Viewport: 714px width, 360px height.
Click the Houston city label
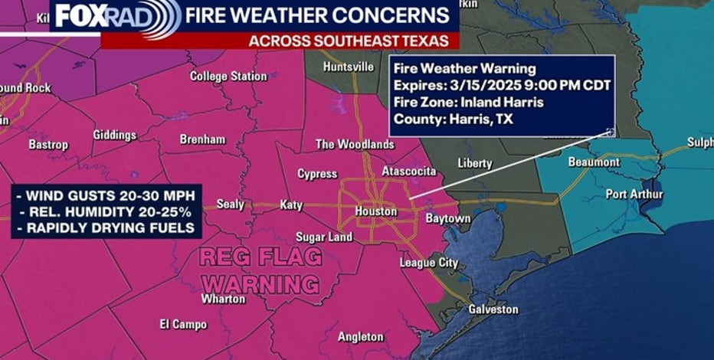click(376, 211)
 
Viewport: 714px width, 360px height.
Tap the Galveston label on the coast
click(493, 309)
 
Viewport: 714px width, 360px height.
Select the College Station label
click(228, 77)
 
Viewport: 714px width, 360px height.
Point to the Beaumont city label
click(594, 162)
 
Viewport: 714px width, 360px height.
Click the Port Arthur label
click(634, 194)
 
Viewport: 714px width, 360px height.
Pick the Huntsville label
click(349, 67)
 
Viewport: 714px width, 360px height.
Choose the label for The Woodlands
click(355, 144)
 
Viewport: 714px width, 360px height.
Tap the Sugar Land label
click(324, 237)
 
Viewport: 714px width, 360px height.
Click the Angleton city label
click(361, 336)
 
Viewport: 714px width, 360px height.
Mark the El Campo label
click(183, 324)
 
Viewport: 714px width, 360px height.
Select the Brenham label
click(202, 139)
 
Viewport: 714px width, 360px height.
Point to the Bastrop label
click(48, 145)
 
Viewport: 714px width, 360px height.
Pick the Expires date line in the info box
click(502, 85)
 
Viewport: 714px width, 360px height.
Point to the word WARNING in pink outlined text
click(261, 283)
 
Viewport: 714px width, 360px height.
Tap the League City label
click(429, 263)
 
